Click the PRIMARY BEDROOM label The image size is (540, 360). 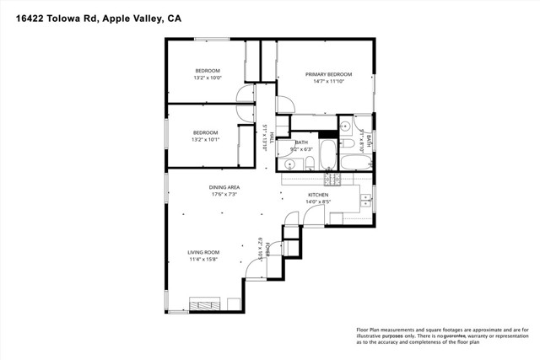(x=328, y=74)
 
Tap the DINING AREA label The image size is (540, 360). (x=224, y=186)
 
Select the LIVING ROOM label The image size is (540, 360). (x=203, y=252)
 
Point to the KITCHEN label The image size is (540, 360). (x=317, y=194)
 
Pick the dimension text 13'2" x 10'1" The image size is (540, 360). (x=205, y=140)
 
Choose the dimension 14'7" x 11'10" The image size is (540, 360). (x=328, y=82)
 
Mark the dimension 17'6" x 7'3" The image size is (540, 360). (x=224, y=194)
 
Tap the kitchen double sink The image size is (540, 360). (x=365, y=200)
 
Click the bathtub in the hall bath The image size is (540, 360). (x=327, y=156)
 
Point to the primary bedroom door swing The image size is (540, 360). (x=284, y=105)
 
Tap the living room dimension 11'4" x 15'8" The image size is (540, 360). (x=203, y=260)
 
